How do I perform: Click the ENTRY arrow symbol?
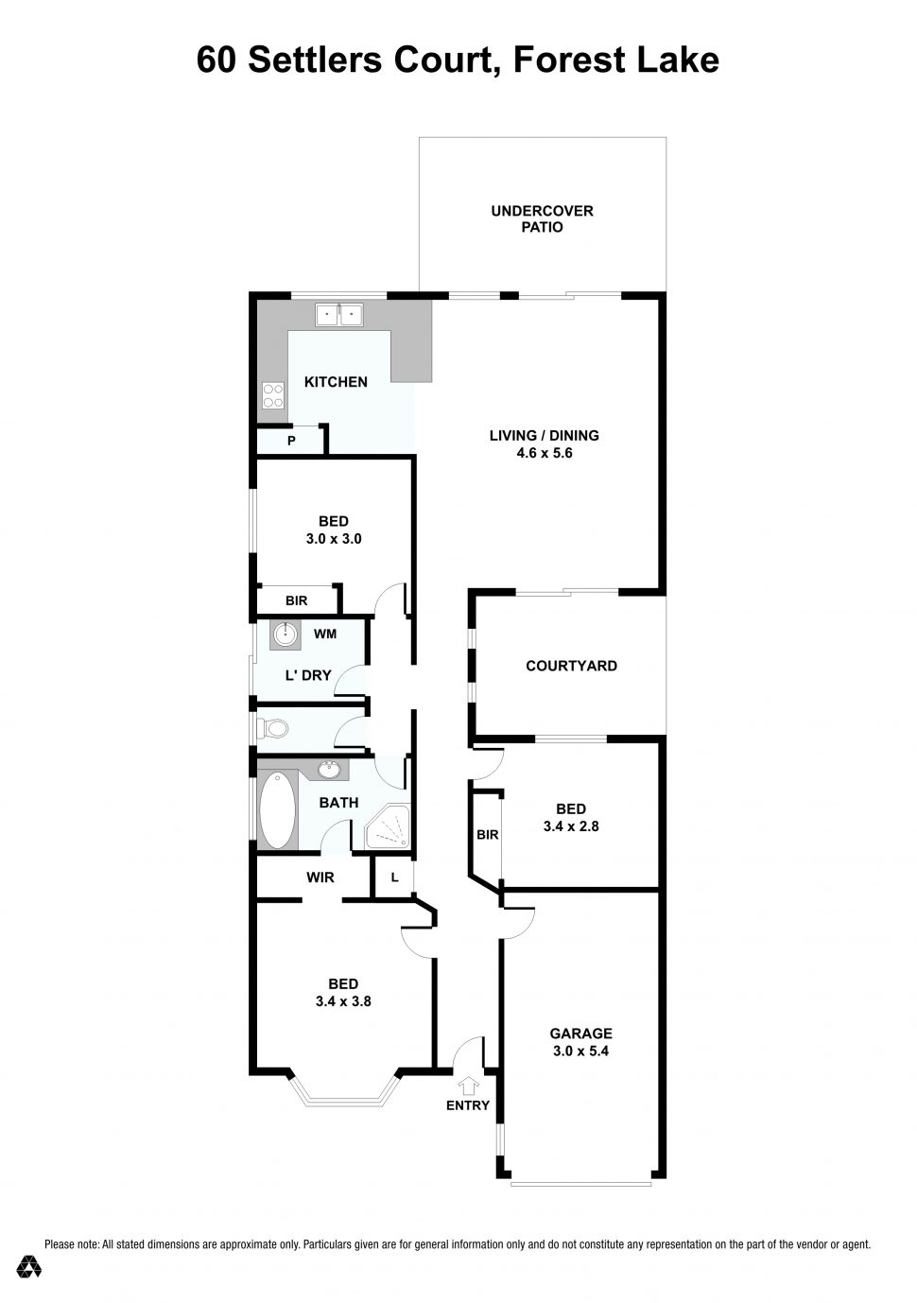(468, 1086)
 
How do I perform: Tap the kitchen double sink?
(339, 313)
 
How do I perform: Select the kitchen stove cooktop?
(273, 395)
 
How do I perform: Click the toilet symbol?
(273, 729)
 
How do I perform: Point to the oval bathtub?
(277, 810)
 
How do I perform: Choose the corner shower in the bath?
(388, 828)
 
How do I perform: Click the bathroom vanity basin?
(331, 770)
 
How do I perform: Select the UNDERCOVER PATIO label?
(542, 218)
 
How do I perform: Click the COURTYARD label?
(571, 666)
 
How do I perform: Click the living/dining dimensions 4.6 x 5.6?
(544, 453)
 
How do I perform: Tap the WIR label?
(320, 877)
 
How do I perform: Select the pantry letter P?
(291, 441)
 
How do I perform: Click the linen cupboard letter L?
(394, 877)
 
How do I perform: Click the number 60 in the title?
(217, 60)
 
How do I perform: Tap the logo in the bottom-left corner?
(29, 1267)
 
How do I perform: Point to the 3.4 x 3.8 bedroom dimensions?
(343, 1001)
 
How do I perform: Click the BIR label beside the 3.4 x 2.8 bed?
(488, 835)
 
